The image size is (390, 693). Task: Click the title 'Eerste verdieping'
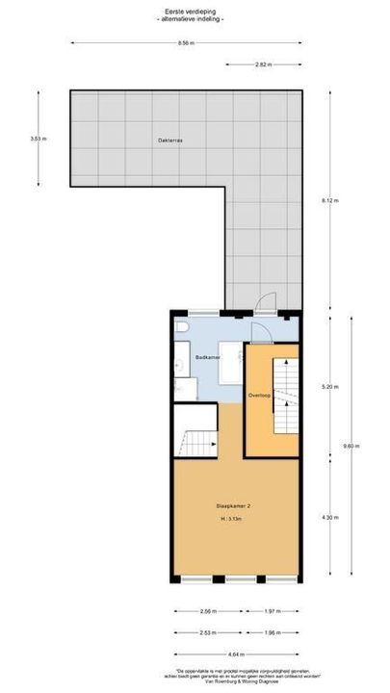(x=195, y=12)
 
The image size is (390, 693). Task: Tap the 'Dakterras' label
(x=170, y=141)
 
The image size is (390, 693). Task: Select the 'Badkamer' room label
(x=208, y=357)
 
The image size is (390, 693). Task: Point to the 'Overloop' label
(x=258, y=396)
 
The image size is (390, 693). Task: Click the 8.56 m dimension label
(x=185, y=43)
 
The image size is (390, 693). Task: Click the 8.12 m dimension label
(x=330, y=200)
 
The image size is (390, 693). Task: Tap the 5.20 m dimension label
(x=330, y=387)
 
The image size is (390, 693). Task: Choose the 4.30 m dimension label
(x=330, y=519)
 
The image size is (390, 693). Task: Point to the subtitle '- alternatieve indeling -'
(x=195, y=19)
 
